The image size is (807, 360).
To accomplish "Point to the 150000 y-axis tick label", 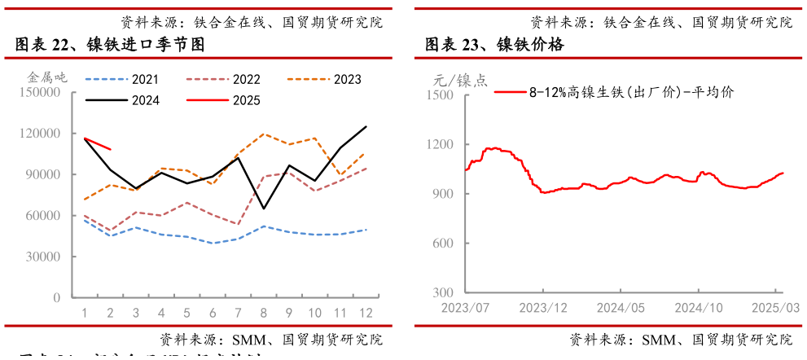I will pyautogui.click(x=39, y=93).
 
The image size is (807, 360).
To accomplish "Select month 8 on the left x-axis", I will pyautogui.click(x=264, y=313).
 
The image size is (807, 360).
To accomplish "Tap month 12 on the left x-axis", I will pyautogui.click(x=366, y=313).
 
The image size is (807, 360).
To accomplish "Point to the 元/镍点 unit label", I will pyautogui.click(x=461, y=80).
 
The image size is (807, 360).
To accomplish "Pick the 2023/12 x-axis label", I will pyautogui.click(x=542, y=308).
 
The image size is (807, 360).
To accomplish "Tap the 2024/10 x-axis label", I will pyautogui.click(x=699, y=308).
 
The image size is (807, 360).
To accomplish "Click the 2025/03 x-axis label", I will pyautogui.click(x=776, y=308).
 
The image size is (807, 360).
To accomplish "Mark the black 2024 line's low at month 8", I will pyautogui.click(x=264, y=209).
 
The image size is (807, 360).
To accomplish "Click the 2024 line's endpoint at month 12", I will pyautogui.click(x=366, y=126).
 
